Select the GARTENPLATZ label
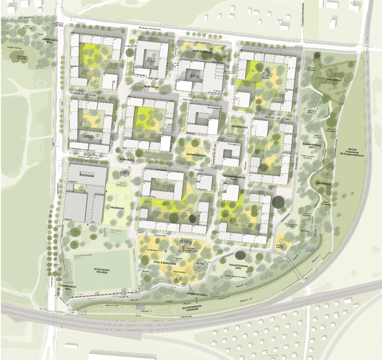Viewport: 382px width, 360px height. pos(239,127)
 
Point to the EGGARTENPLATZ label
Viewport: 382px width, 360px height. pos(197,155)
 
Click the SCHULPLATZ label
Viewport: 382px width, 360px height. pos(127,159)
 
